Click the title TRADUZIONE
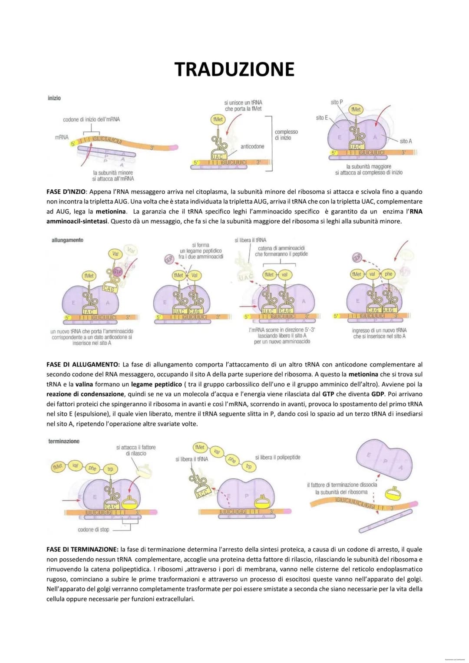pos(234,69)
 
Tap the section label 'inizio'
pos(54,98)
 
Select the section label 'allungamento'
pos(67,240)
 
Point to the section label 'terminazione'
pos(64,441)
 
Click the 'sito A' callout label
pos(406,141)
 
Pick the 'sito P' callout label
pos(337,102)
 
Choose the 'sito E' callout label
pos(322,118)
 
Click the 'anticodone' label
pos(252,146)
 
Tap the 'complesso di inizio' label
pos(286,135)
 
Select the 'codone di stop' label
pos(93,529)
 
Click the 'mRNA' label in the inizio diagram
pos(62,137)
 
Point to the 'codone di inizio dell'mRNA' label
pos(91,119)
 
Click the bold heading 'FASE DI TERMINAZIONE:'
pos(83,550)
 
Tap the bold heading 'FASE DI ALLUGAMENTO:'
pos(83,365)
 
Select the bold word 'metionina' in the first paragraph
pos(111,211)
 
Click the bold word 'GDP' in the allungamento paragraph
pos(377,394)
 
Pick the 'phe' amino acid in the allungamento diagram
pos(388,274)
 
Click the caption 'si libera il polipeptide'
pos(277,457)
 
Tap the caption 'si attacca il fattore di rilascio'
pos(136,450)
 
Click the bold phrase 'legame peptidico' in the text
pos(156,384)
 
